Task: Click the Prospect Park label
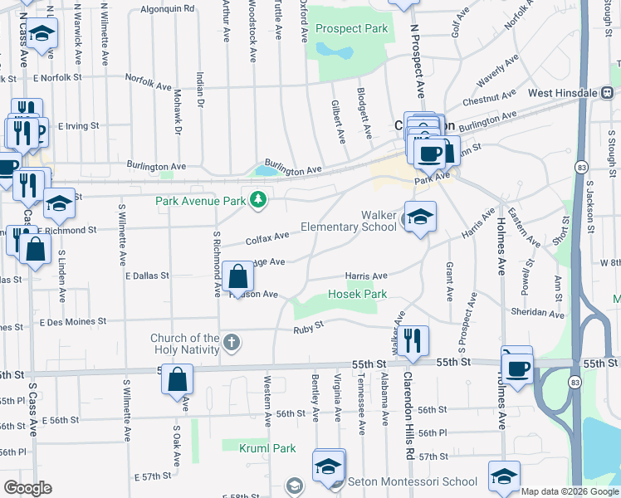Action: (x=352, y=28)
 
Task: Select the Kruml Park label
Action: (x=267, y=448)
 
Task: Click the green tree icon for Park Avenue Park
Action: (x=259, y=199)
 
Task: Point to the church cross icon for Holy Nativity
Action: (x=232, y=341)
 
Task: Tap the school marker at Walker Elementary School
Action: (x=420, y=218)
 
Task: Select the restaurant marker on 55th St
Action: (x=413, y=340)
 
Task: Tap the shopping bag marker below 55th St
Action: (x=178, y=381)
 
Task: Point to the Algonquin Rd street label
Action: (x=167, y=8)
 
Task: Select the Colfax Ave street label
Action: (x=267, y=238)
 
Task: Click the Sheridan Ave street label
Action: (x=537, y=313)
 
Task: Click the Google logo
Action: (x=27, y=488)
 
